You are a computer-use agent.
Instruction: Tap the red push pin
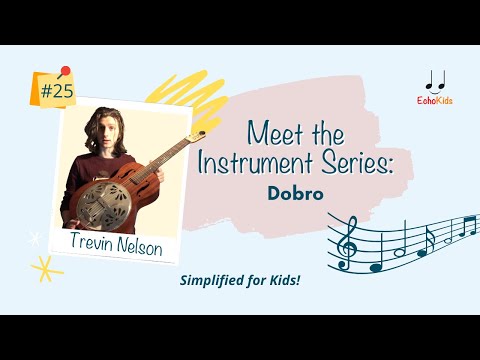coord(65,72)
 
